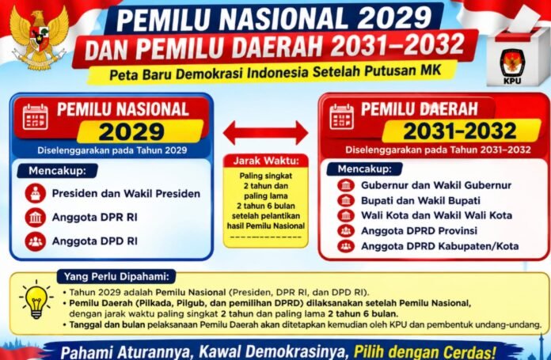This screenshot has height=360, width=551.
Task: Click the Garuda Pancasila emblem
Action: coord(40,36)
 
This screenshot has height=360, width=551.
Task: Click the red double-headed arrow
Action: coord(266,133)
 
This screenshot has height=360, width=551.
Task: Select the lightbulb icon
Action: coord(36,300)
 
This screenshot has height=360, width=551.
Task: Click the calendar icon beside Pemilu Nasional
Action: coord(36,117)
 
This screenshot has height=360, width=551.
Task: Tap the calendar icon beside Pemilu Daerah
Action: coord(342,117)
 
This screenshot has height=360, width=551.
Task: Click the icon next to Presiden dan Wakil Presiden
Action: coord(36,194)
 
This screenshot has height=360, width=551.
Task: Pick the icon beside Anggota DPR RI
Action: coord(36,218)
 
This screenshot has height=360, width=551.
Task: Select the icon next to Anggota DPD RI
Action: coord(36,241)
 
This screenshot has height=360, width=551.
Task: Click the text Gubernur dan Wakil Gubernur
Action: coord(436,185)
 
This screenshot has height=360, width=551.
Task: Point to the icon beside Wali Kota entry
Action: coord(346,215)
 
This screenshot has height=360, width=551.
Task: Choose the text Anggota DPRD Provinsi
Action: coord(420,231)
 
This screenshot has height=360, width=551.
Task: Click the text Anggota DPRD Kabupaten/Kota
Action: coord(440,246)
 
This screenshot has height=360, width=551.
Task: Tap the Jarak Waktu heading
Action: coord(266,161)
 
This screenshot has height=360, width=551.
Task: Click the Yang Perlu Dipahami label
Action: coord(116,277)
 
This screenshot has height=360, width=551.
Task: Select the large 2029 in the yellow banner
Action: coord(131,132)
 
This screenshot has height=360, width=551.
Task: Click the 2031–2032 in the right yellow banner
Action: coord(460,131)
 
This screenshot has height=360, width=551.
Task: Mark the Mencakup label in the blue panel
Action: coord(57,171)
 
